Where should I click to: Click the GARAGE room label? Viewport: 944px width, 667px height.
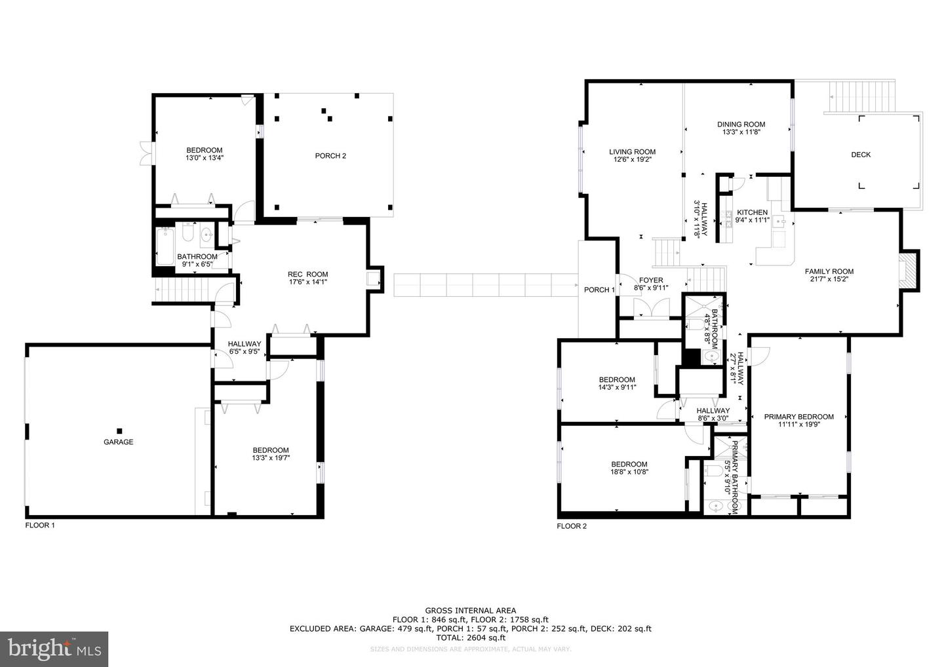[118, 442]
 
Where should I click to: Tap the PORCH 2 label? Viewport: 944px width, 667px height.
[330, 156]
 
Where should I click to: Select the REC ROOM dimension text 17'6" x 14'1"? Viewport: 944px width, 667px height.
[308, 282]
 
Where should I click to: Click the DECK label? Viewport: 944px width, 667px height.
[861, 155]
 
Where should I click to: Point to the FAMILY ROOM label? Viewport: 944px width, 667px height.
[829, 271]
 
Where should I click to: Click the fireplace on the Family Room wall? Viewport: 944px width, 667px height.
[909, 270]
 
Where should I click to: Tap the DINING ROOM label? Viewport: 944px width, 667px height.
[741, 124]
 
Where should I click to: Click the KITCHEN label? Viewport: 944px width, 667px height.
[752, 212]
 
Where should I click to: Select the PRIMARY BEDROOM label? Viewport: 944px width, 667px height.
[798, 417]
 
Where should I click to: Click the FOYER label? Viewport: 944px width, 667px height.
[651, 280]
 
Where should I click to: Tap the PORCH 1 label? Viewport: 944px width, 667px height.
[599, 290]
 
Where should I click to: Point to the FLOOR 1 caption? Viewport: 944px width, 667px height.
[40, 525]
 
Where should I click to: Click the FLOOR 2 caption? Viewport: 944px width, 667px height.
[572, 525]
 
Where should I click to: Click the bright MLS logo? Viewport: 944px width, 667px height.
[54, 649]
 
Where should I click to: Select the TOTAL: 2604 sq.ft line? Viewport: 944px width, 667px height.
[470, 638]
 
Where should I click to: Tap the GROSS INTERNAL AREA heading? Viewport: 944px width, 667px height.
[470, 611]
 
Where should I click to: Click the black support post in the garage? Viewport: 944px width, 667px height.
[119, 430]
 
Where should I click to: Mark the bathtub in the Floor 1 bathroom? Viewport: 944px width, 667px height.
[165, 245]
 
